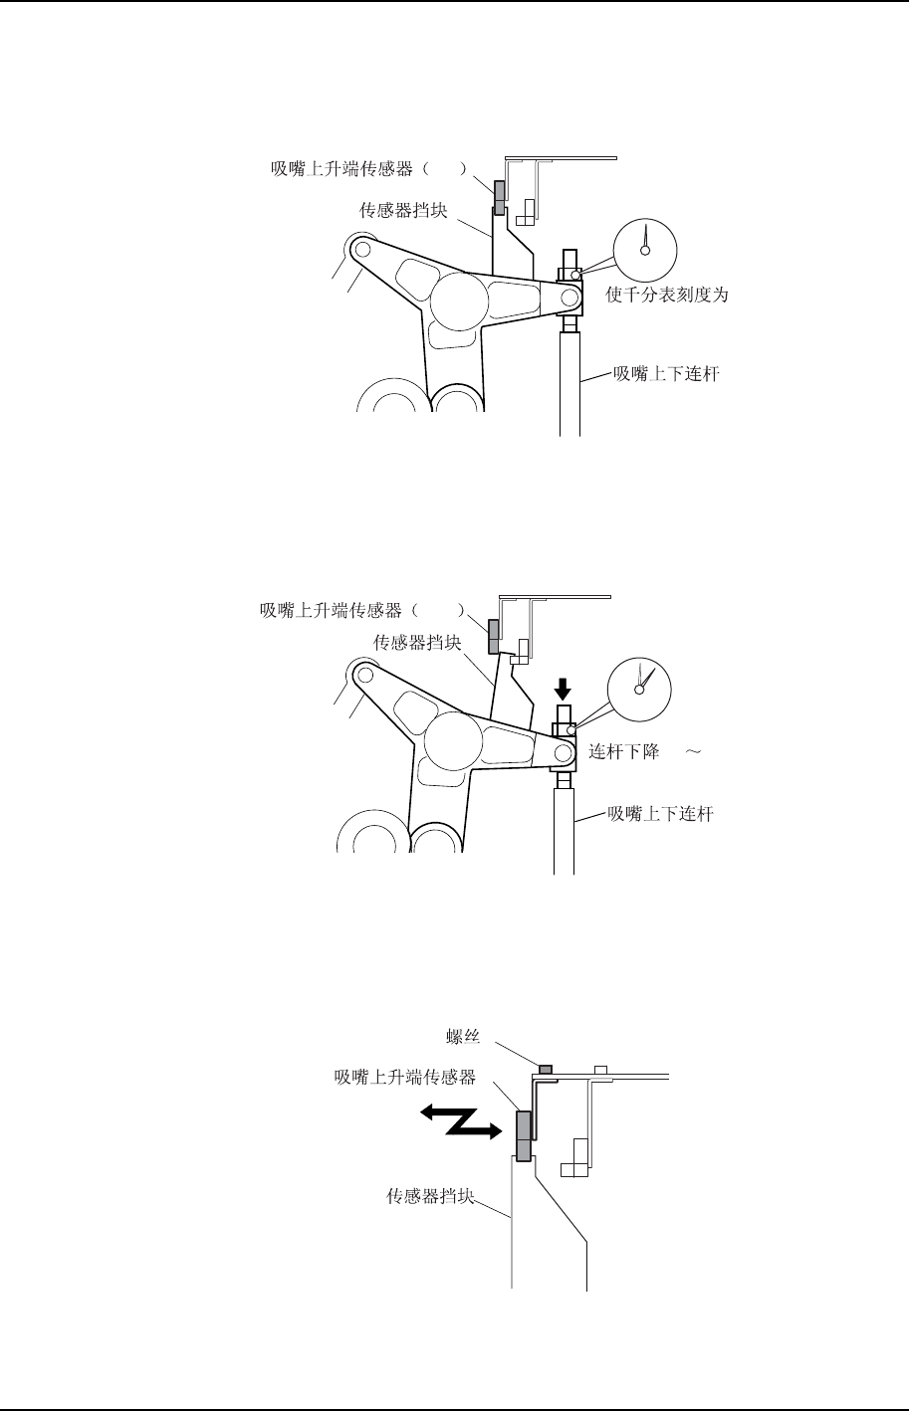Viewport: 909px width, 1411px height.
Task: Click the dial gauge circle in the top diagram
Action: (645, 250)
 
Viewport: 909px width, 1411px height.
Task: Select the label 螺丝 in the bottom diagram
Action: (464, 1037)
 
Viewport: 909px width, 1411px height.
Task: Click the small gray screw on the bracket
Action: (545, 1069)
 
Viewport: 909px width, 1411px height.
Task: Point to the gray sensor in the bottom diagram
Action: (524, 1136)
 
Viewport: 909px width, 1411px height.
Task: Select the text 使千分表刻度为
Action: (667, 296)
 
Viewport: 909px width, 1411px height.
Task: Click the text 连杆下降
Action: (624, 751)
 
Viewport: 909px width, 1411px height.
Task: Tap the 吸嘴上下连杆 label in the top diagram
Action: (666, 374)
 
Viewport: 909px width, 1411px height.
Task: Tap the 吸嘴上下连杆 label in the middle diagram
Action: (661, 814)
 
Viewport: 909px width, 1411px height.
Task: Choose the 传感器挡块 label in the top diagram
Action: (409, 210)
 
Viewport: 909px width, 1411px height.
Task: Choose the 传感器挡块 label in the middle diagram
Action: (417, 644)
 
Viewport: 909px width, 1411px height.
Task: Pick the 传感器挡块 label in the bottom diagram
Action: (429, 1196)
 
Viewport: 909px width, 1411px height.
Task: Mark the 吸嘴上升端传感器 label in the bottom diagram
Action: (405, 1077)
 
